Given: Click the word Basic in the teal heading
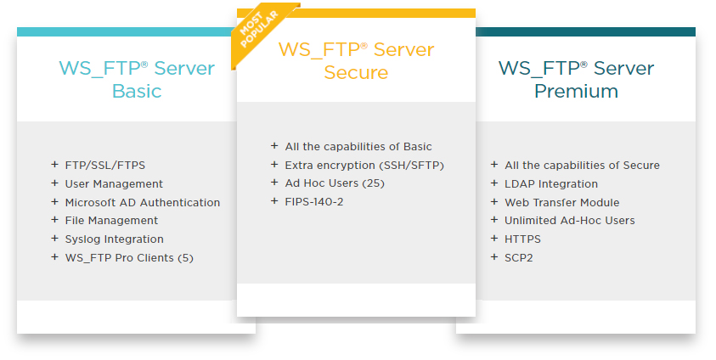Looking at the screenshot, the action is (137, 91).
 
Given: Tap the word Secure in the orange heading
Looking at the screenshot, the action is (356, 72).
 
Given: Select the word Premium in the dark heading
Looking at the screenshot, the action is (576, 91).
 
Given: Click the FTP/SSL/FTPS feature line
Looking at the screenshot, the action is (105, 166).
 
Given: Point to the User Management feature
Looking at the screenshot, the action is (114, 184).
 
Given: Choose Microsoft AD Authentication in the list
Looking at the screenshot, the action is (143, 202).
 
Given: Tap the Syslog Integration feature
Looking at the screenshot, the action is (114, 239).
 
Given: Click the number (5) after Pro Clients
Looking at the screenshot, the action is (185, 258).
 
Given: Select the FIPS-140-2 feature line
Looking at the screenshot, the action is (314, 202).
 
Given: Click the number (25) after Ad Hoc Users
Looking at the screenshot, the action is (373, 183).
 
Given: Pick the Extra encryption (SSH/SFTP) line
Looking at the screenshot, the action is (364, 166).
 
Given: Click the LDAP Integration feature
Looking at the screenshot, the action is (551, 184).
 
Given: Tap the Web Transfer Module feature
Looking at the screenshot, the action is (562, 202).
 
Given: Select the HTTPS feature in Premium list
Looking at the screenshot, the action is (522, 239).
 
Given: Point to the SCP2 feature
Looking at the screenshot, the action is (519, 258).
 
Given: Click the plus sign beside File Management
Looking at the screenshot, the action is (55, 220).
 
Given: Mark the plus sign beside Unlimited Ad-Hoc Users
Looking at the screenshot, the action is (494, 220).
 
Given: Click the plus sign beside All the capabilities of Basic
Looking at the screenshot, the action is (274, 145).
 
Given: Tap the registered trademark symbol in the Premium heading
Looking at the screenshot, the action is (584, 65).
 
